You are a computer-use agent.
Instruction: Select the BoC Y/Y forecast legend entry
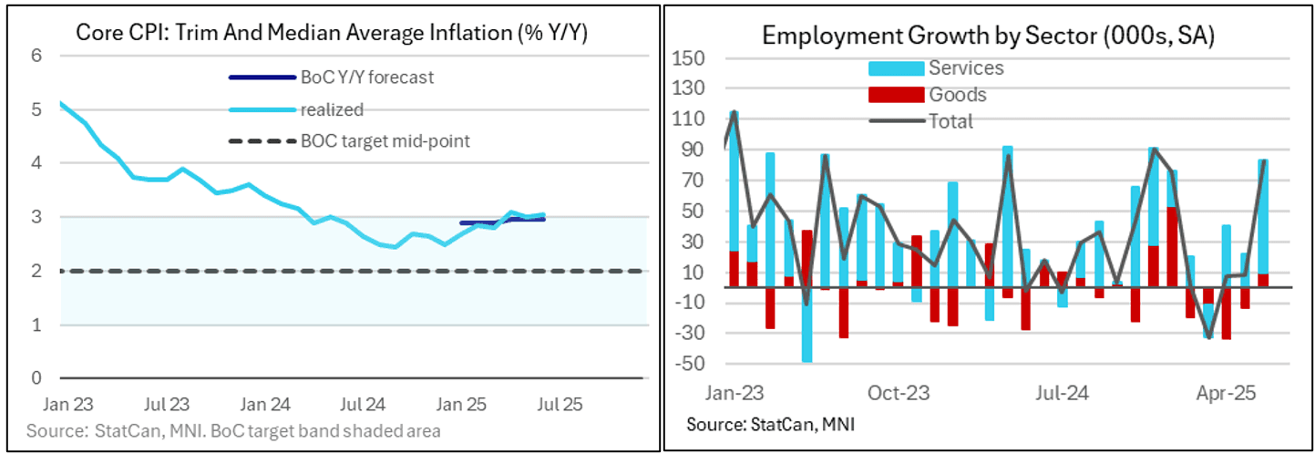pyautogui.click(x=366, y=77)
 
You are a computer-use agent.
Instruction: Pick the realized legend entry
pyautogui.click(x=332, y=110)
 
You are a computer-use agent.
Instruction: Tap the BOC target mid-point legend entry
pyautogui.click(x=385, y=141)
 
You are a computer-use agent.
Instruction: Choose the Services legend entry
pyautogui.click(x=965, y=68)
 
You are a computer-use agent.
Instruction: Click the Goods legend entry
pyautogui.click(x=957, y=95)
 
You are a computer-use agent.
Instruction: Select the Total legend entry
pyautogui.click(x=950, y=121)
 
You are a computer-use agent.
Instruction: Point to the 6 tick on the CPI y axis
pyautogui.click(x=37, y=55)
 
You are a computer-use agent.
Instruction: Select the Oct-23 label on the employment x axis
pyautogui.click(x=898, y=394)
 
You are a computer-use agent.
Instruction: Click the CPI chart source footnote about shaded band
pyautogui.click(x=233, y=430)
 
